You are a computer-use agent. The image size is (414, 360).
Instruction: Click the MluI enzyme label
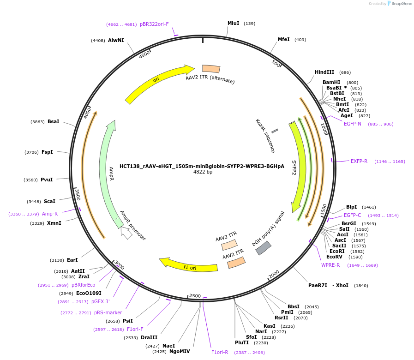234,23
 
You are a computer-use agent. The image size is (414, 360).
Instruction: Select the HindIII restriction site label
324,72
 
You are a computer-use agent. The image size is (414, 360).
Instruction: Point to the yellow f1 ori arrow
189,266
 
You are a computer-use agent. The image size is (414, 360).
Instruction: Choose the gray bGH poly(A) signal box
264,248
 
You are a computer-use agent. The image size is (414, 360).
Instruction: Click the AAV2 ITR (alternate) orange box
211,69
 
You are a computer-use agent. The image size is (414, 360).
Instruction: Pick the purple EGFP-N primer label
353,124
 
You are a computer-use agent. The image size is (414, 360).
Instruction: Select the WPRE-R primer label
330,265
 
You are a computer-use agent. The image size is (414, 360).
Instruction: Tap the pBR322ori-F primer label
154,24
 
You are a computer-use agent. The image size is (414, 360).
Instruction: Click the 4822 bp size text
203,172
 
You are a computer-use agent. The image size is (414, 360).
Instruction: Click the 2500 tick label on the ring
195,296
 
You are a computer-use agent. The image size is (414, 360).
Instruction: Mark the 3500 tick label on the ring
78,194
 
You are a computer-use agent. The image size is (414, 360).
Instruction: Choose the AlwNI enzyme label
116,40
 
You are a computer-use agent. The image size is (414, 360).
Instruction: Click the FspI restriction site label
47,152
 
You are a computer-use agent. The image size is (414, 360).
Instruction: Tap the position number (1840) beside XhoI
361,286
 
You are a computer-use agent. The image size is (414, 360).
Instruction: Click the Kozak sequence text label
265,136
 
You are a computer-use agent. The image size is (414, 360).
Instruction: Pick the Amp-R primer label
50,214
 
